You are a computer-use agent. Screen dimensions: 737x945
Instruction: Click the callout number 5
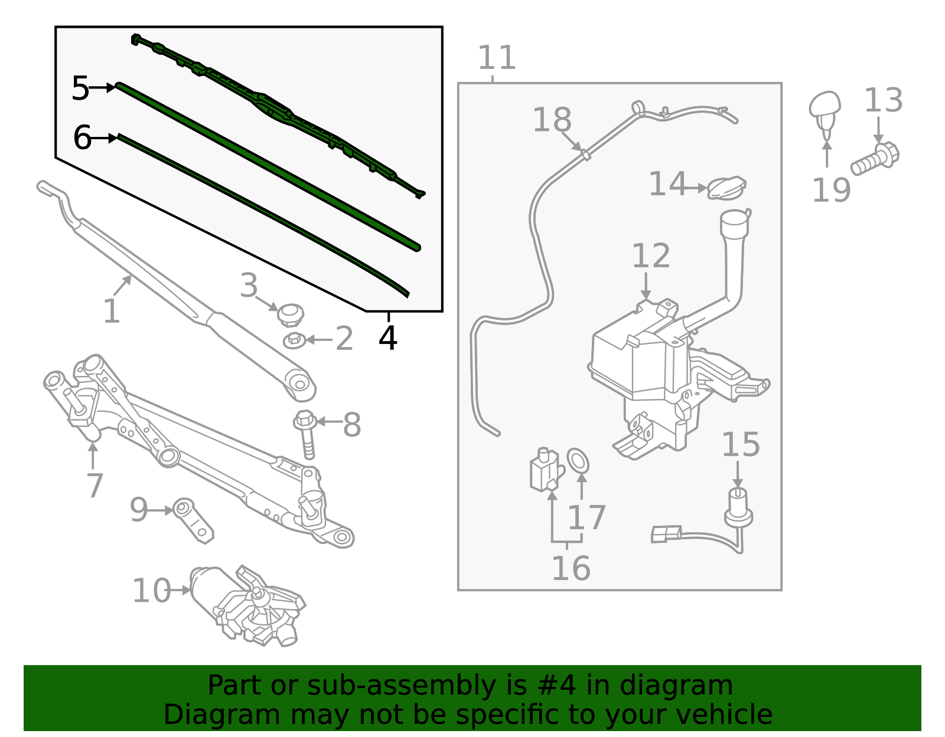point(80,89)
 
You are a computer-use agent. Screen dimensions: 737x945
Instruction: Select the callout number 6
point(82,138)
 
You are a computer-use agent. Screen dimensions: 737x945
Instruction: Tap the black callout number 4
point(387,338)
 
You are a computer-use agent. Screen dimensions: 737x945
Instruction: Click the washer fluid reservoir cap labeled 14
point(726,188)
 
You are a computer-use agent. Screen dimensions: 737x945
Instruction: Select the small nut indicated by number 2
point(294,340)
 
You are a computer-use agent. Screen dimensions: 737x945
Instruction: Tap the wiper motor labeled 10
point(248,605)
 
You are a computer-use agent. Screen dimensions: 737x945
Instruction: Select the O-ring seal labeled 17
point(578,460)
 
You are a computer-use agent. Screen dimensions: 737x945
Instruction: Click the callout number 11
point(497,58)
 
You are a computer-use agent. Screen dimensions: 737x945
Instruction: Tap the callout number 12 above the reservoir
point(651,256)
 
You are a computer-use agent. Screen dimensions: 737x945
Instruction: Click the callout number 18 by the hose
point(552,120)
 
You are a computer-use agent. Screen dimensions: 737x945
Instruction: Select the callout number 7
point(94,485)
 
